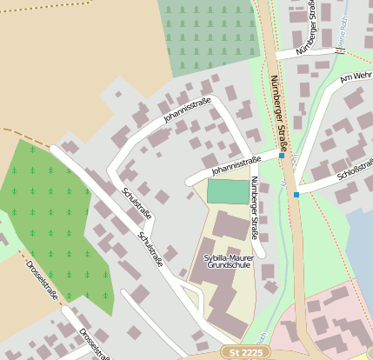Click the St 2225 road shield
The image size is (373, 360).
[x=245, y=352]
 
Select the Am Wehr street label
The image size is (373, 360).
[x=356, y=77]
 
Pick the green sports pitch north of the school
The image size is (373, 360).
[x=226, y=191]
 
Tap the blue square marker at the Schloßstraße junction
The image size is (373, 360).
[x=296, y=195]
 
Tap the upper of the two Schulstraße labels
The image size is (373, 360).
[x=137, y=203]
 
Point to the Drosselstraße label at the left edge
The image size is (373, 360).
[x=41, y=279]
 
